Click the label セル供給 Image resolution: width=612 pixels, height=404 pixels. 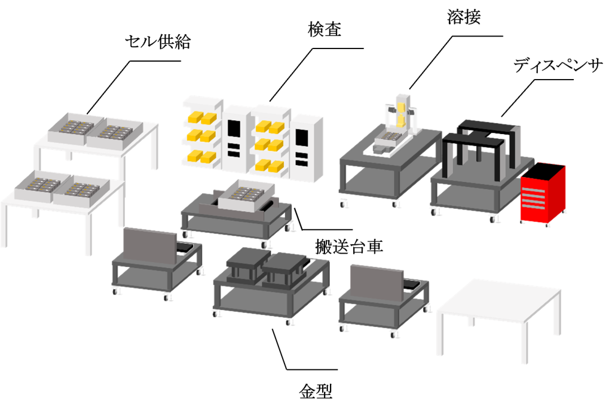(158, 42)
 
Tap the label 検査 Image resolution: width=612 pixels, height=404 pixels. (325, 29)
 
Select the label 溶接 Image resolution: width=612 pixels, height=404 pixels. (464, 17)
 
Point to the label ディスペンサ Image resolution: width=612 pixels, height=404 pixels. (558, 65)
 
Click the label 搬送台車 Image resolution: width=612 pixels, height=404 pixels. (349, 247)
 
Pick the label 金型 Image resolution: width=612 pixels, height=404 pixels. (316, 391)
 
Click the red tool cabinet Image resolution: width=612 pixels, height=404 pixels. (543, 194)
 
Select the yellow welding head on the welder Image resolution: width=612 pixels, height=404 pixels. (402, 114)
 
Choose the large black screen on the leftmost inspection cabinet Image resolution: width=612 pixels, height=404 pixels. (234, 129)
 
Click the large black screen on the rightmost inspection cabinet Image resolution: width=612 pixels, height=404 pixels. (301, 137)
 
